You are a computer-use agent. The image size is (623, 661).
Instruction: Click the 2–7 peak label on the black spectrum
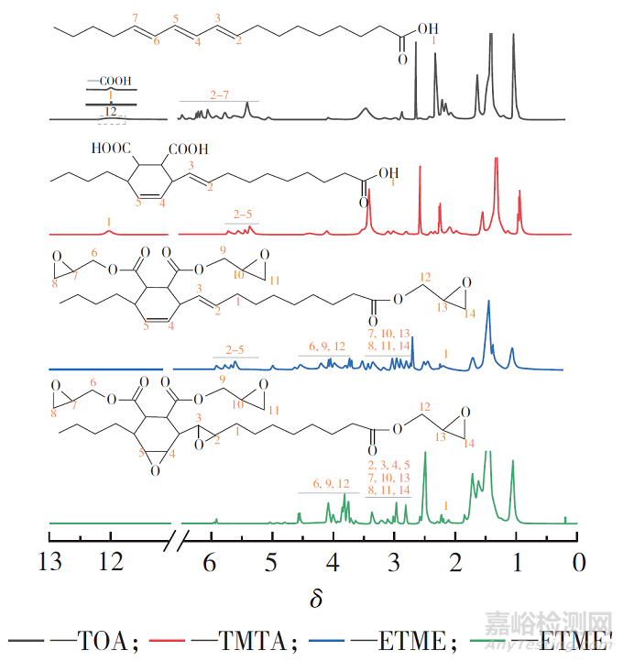click(x=219, y=94)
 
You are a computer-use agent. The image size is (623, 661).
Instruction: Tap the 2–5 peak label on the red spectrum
click(x=242, y=215)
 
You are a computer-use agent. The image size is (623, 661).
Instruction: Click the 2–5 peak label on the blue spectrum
click(x=235, y=349)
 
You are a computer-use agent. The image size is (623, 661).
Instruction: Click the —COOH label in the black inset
click(x=109, y=81)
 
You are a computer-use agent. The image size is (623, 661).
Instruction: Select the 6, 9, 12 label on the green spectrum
click(x=329, y=483)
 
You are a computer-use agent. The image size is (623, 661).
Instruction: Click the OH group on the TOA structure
click(x=426, y=28)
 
